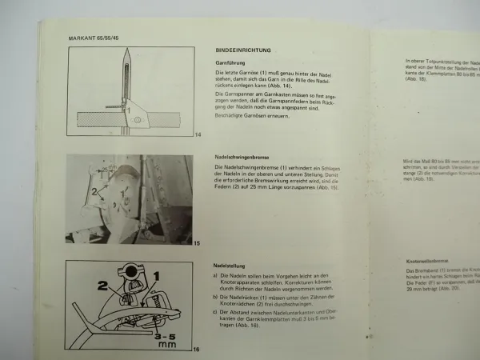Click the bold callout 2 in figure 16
coord(103,284)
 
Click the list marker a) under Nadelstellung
coord(218,275)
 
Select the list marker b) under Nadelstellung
coord(218,295)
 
